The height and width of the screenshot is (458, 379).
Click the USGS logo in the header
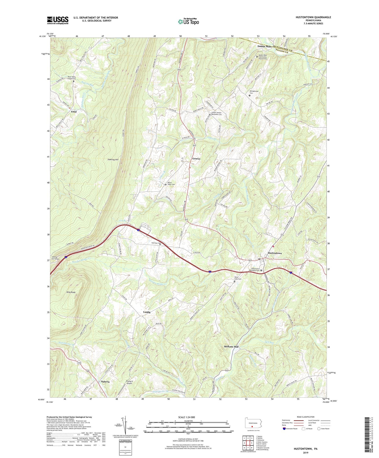point(58,20)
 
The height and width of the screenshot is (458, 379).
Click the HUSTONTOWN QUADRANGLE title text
point(313,17)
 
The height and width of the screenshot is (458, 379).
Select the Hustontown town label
point(275,253)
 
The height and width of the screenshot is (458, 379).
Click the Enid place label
point(74,112)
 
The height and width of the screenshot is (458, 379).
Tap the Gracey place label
point(196,159)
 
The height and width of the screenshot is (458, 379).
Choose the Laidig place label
point(147,312)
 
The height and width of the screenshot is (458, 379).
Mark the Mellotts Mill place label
point(231,347)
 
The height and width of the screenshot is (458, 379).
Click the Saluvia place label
point(105,382)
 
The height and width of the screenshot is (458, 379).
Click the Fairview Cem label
point(156,243)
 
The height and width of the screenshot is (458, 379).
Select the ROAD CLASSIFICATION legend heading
point(306,417)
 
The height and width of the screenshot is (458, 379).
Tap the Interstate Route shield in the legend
point(285,429)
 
